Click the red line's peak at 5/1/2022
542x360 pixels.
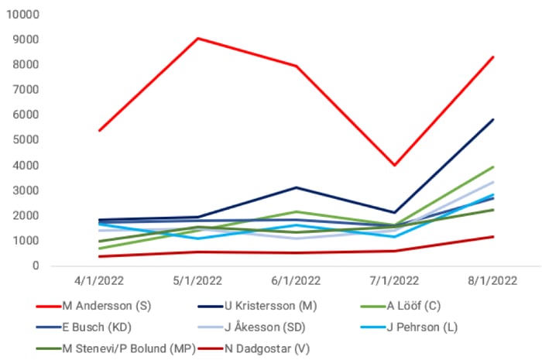pos(197,38)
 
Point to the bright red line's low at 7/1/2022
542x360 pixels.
pos(395,165)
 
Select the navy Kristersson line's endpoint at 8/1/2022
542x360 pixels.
pos(493,119)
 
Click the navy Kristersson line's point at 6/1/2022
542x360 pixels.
pos(296,187)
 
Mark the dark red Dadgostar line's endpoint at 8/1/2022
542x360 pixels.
pos(493,236)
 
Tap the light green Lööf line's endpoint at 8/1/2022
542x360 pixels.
pos(493,166)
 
